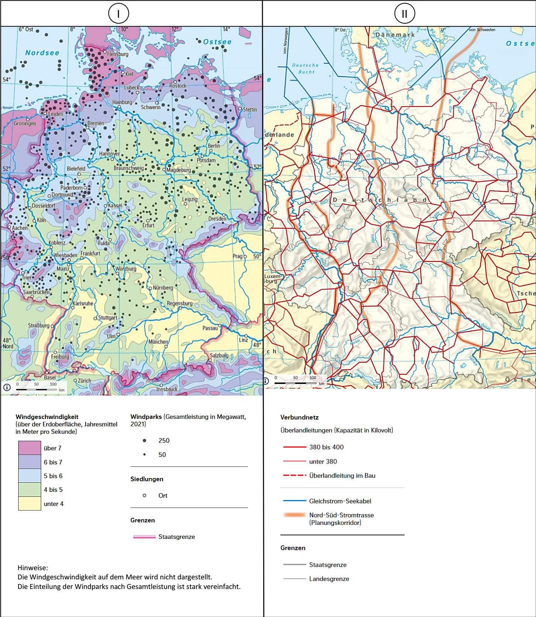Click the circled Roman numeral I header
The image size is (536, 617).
118,14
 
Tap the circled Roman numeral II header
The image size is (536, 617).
405,14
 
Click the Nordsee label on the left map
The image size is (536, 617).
42,53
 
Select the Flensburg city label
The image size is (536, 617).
118,54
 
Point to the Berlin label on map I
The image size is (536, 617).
214,146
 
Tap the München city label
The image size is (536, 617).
158,342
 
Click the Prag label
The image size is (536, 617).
237,256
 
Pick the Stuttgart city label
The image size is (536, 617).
107,318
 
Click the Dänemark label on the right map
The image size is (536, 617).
395,35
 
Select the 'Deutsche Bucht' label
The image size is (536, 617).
305,69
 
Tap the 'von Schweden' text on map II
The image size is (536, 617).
482,30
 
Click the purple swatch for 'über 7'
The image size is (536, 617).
30,448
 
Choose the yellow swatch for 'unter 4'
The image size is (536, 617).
30,503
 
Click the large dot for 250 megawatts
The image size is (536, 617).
144,440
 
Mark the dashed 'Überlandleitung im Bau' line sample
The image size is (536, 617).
294,475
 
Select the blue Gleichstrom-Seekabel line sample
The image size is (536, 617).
294,501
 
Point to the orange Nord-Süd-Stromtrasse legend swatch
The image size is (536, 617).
294,515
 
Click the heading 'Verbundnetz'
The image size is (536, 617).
299,417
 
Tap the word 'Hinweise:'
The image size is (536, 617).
33,568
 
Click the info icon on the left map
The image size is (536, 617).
7,387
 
